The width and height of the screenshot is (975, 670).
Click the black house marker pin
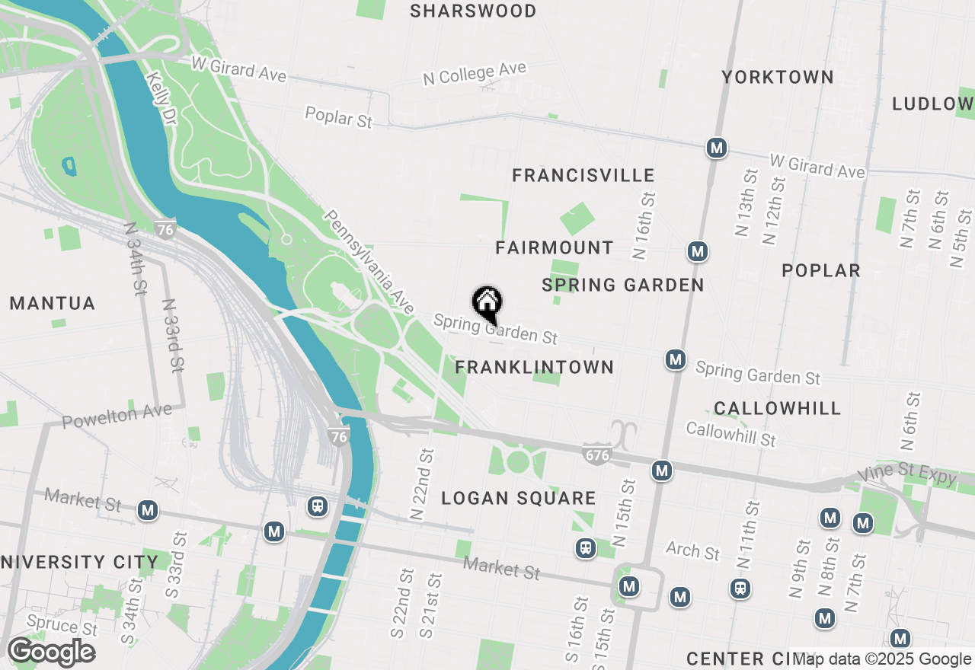[487, 304]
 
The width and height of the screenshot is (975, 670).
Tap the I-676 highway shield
[597, 455]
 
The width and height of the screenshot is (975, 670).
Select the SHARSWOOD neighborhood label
[473, 11]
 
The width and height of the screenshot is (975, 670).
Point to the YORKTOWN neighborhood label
[778, 77]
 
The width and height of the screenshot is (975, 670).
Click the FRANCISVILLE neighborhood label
[583, 176]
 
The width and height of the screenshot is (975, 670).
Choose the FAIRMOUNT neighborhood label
[555, 247]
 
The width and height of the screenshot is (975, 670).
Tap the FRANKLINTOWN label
[534, 367]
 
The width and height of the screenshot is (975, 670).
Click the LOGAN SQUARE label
[519, 499]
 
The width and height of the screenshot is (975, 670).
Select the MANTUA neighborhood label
[53, 304]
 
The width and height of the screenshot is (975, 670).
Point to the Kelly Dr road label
[158, 99]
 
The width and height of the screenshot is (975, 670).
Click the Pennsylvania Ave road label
[369, 262]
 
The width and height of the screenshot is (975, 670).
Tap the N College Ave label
[475, 74]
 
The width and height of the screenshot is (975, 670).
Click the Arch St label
[692, 550]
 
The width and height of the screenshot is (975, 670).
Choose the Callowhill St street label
[730, 434]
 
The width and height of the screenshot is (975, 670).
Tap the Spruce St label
[62, 626]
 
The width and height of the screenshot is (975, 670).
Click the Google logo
[51, 652]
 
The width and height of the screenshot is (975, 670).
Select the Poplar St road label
[338, 117]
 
